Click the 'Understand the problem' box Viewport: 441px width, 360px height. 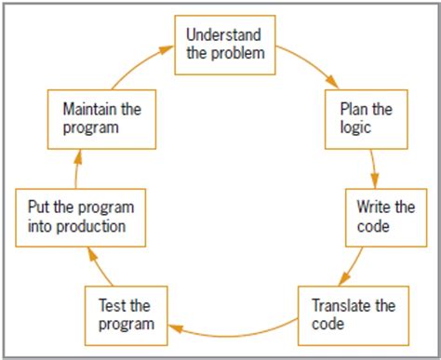point(225,44)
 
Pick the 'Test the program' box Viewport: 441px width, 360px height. point(127,314)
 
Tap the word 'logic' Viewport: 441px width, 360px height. point(357,128)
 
